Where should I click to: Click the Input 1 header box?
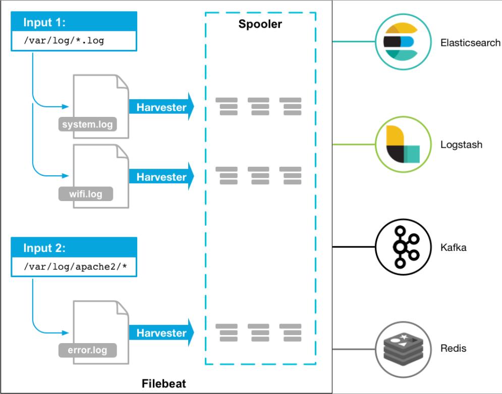73,22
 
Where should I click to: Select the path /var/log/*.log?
64,41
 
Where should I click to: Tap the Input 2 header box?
73,248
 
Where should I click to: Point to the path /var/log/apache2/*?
74,267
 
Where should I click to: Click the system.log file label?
87,124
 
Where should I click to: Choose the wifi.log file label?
86,193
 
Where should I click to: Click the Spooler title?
260,24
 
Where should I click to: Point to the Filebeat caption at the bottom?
163,383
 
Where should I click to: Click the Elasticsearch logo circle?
402,41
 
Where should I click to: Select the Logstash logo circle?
402,145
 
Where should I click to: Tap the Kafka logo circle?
402,247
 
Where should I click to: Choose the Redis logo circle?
402,349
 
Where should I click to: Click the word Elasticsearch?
470,42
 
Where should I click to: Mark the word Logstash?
461,145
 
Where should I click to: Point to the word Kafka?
454,248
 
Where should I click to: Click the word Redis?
453,348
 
